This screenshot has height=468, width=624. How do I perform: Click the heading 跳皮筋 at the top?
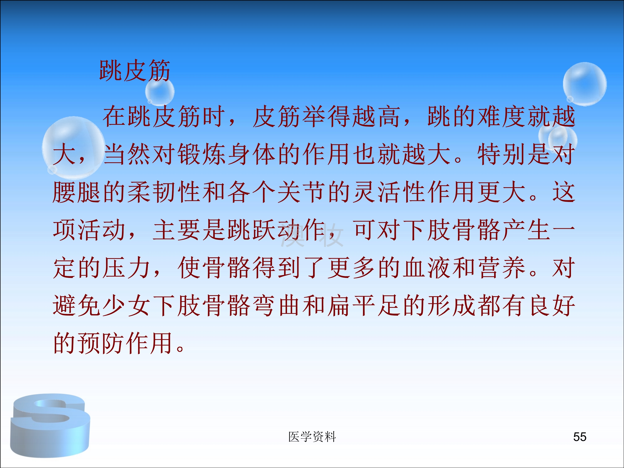135,71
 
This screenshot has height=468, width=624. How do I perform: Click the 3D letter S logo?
50,425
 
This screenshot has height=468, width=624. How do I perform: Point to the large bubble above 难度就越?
584,84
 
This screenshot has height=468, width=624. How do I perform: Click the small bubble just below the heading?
160,92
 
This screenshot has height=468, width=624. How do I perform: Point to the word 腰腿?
77,192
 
